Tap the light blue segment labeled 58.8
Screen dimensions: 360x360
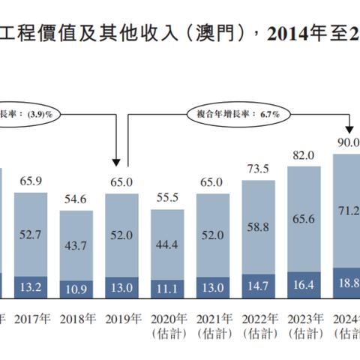click(x=259, y=226)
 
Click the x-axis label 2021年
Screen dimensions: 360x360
click(x=213, y=318)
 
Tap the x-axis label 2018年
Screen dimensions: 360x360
click(x=76, y=318)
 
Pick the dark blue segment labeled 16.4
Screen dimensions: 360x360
click(x=304, y=286)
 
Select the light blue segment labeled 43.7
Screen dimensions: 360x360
click(x=76, y=245)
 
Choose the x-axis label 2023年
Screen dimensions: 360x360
click(x=304, y=318)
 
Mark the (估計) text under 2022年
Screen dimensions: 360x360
click(x=259, y=332)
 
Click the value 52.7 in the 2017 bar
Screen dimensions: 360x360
click(x=31, y=235)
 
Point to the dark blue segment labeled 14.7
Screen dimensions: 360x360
click(x=259, y=286)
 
